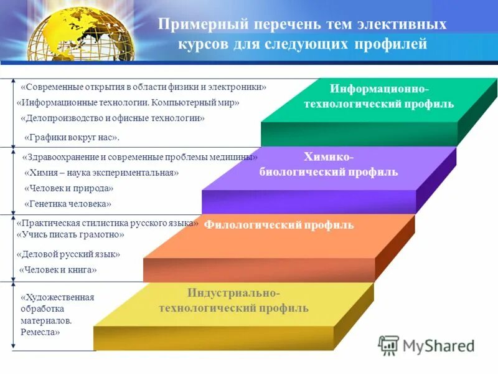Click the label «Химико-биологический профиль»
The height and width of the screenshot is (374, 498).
click(328, 165)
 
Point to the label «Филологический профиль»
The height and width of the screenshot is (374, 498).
click(279, 225)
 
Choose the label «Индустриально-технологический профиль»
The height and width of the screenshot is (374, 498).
click(233, 300)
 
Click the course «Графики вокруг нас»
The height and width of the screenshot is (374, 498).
click(72, 137)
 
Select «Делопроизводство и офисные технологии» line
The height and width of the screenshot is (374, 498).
click(112, 118)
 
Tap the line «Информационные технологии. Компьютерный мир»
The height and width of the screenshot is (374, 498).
click(128, 102)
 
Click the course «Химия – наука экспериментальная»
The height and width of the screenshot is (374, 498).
click(101, 173)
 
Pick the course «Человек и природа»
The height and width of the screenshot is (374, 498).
click(68, 188)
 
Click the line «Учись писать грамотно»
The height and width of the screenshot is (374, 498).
click(70, 235)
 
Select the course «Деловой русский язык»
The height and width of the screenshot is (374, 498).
click(68, 254)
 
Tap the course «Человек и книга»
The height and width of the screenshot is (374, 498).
click(58, 270)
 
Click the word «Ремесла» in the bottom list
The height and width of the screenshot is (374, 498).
click(40, 333)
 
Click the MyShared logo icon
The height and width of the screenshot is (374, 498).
click(388, 345)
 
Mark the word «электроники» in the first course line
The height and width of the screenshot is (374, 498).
click(240, 87)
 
